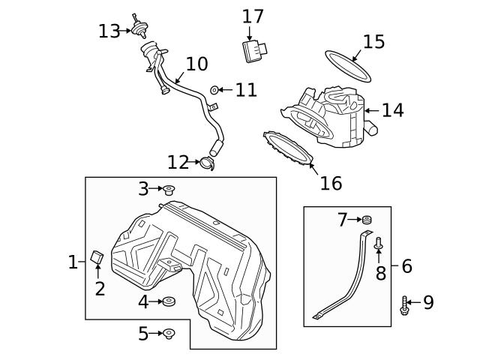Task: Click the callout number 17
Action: [253, 15]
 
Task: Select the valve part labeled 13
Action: [138, 28]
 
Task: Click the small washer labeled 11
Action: [214, 91]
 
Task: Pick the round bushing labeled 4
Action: [169, 302]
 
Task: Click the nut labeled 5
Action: [169, 333]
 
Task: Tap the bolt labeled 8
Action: [379, 244]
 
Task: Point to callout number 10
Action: [196, 64]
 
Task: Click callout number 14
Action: [392, 110]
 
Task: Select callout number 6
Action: [407, 265]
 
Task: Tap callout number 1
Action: [73, 262]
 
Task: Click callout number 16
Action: [330, 182]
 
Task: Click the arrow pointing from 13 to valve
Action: [125, 31]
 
